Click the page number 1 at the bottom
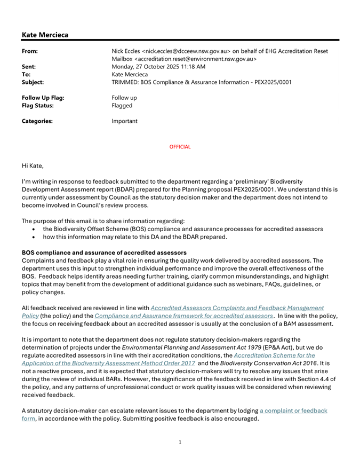click(180, 457)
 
